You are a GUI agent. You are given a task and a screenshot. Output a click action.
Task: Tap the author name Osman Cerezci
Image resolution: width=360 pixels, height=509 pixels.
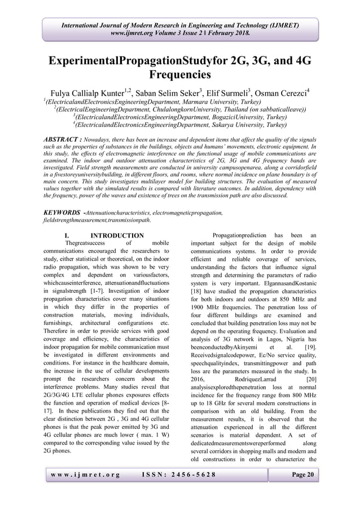282,93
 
